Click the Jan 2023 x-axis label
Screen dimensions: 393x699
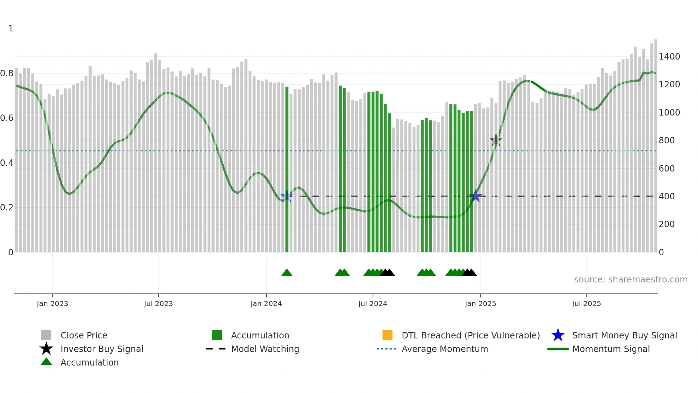52,303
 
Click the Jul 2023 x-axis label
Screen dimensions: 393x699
158,303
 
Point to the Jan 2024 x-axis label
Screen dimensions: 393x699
266,303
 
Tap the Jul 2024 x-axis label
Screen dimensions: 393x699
373,303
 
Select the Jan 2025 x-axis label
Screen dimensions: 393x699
480,303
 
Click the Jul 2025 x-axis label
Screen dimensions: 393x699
586,303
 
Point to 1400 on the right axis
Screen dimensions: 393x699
669,57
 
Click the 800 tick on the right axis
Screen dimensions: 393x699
667,141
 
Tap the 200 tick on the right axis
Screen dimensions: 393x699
667,224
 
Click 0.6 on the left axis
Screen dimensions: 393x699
7,118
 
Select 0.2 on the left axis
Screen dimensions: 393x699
7,208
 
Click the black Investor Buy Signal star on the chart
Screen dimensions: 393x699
496,140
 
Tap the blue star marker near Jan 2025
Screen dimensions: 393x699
476,196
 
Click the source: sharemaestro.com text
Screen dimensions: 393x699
631,280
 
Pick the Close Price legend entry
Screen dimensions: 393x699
84,336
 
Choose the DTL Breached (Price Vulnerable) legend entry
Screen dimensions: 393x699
470,336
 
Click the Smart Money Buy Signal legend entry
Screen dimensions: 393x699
624,336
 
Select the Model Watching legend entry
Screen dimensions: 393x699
265,349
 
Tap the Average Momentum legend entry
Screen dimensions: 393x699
445,349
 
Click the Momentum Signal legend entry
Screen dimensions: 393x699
611,349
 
